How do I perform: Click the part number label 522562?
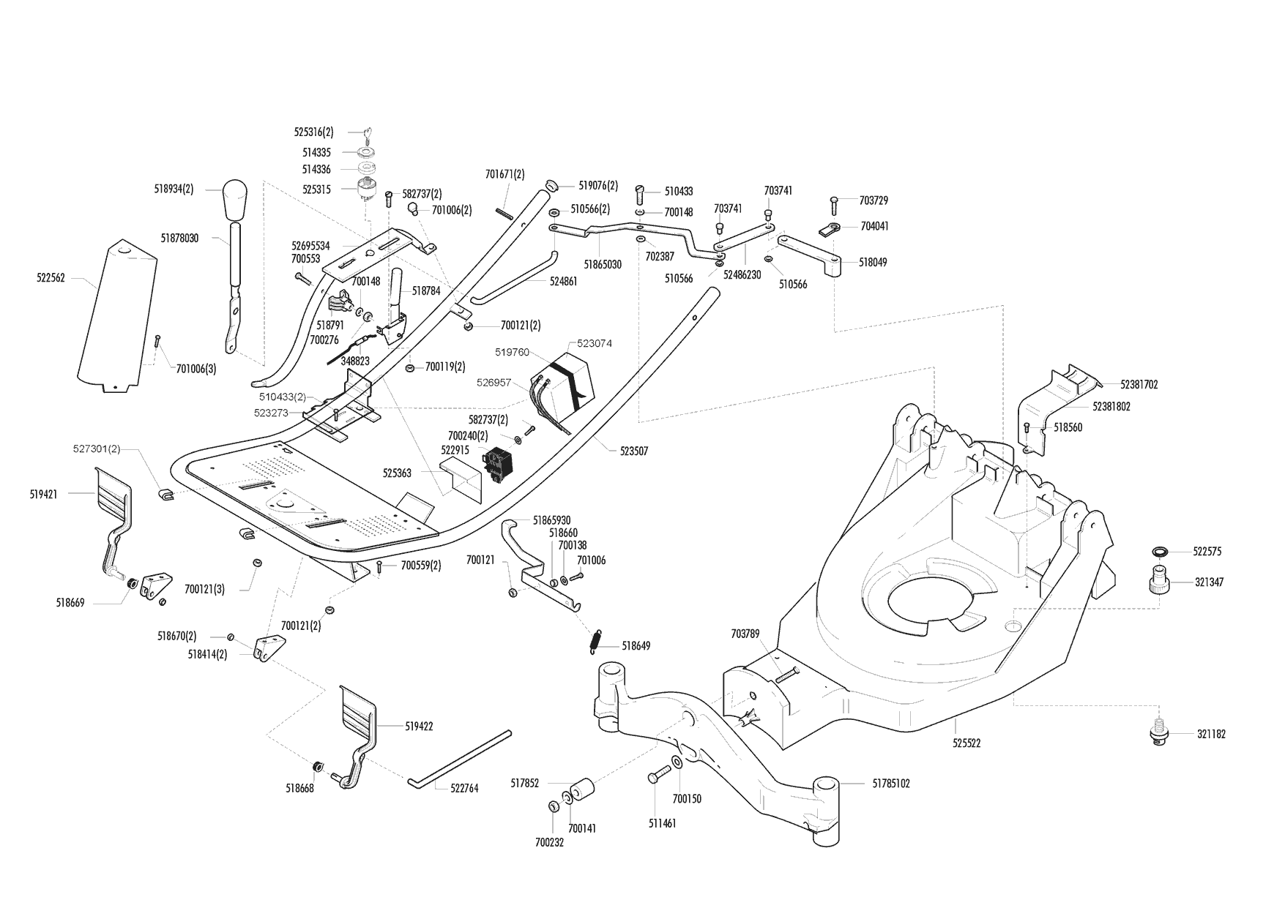point(51,278)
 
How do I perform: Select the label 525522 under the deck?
point(966,743)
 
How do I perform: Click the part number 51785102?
point(891,783)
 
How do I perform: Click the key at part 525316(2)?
point(368,132)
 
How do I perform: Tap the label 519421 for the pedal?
point(45,494)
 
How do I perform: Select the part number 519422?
point(419,727)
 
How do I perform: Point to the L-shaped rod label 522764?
point(463,789)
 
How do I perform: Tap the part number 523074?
point(594,343)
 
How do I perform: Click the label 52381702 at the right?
point(1139,384)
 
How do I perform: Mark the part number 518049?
point(872,262)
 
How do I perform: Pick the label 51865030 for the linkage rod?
point(603,264)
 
